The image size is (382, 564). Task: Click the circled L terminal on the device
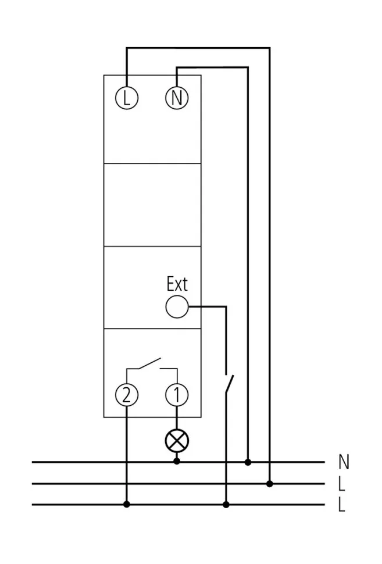127,98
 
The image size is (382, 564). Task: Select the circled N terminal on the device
177,98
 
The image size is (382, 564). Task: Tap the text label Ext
177,284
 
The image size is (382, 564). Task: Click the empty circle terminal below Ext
177,306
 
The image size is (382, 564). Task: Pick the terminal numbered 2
127,395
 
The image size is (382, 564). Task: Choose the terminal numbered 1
177,395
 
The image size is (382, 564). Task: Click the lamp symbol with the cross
177,441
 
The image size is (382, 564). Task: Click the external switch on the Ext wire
229,383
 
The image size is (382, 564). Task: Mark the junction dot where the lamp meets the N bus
177,462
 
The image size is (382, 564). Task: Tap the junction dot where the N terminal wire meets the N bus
248,462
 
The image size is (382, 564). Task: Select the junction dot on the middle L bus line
269,483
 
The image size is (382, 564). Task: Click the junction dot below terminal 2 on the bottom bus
127,504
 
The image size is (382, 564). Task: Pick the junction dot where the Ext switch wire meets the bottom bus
226,504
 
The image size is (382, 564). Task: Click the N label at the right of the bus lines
343,462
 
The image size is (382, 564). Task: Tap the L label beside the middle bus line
342,483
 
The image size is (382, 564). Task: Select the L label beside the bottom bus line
342,505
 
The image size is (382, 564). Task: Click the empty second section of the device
152,205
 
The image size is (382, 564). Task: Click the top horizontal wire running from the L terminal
198,48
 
